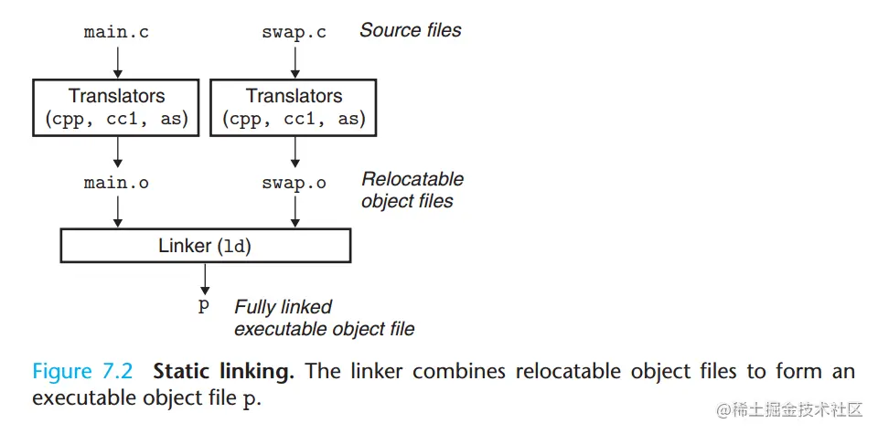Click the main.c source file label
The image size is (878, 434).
point(116,32)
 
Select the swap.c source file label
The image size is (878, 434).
point(294,32)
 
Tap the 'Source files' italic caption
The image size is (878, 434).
point(410,30)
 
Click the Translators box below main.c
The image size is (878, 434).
point(116,107)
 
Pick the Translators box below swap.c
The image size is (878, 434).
point(294,107)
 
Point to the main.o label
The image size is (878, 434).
point(116,183)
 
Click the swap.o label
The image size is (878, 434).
point(294,183)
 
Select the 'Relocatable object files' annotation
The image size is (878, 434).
point(412,190)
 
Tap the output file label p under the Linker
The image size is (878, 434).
point(204,307)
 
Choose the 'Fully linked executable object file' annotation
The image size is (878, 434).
point(324,318)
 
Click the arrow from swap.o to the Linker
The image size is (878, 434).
point(294,211)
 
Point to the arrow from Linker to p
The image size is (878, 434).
point(205,278)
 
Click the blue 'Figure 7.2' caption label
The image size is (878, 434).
point(83,372)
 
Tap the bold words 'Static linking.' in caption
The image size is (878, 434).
point(223,372)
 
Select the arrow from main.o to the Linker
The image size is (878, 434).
point(117,211)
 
